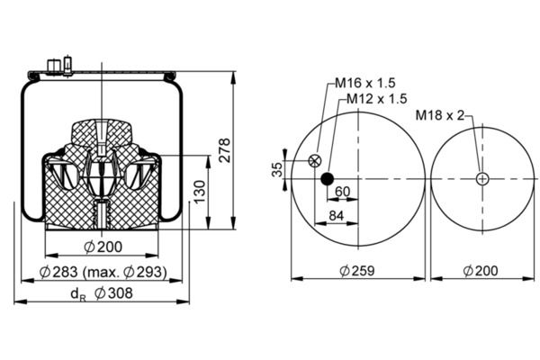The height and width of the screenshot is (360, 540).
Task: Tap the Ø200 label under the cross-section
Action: (103, 247)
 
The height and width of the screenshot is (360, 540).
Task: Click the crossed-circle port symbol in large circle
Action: (314, 161)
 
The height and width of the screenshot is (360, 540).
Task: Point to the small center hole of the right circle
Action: (483, 178)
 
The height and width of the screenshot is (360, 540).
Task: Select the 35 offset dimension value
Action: (278, 169)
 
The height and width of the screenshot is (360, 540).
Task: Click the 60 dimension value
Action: (343, 191)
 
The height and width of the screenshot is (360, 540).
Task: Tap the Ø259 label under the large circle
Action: (357, 271)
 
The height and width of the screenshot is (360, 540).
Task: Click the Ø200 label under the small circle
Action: (483, 271)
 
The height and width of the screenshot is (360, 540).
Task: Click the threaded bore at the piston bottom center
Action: (102, 214)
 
